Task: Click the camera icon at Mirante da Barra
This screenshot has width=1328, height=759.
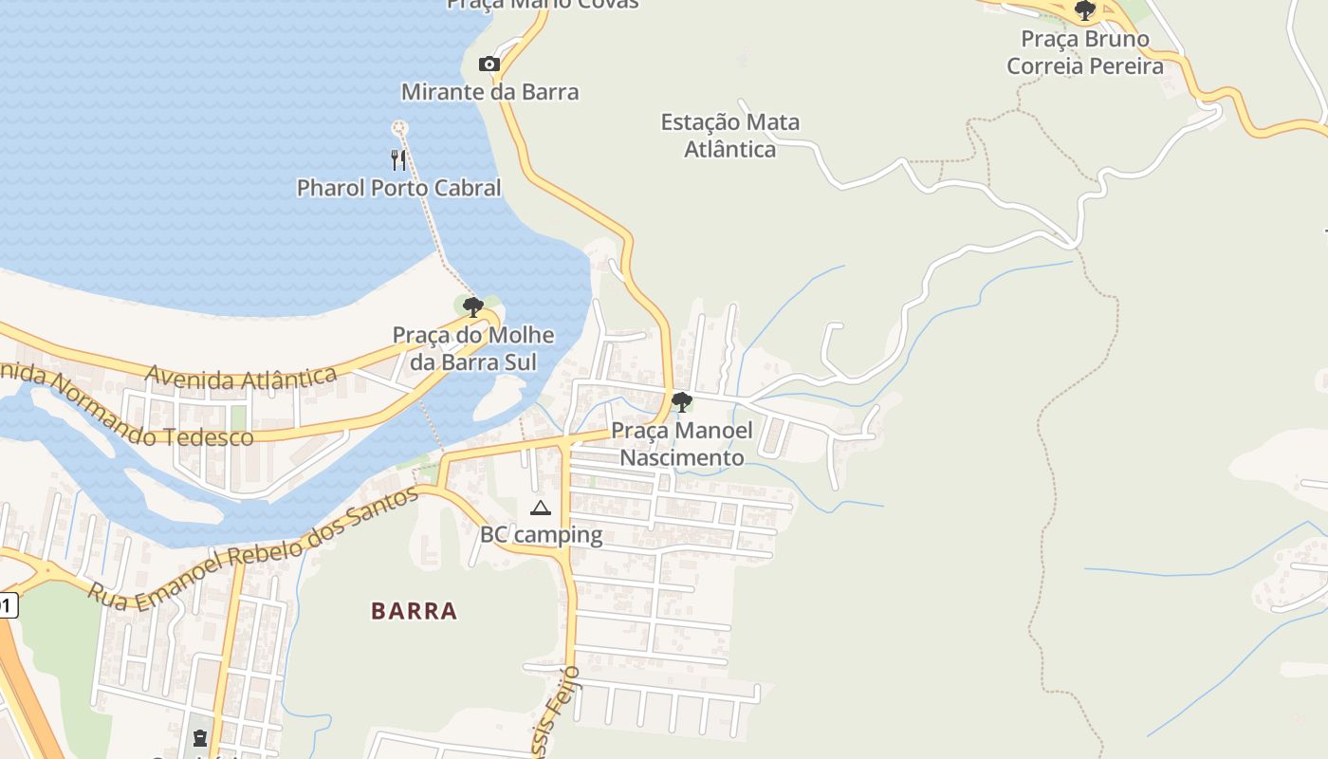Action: pyautogui.click(x=489, y=65)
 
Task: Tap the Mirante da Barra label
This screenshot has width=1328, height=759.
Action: pyautogui.click(x=489, y=92)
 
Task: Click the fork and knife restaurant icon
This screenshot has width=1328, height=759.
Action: pyautogui.click(x=398, y=159)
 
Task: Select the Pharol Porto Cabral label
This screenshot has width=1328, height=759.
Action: pyautogui.click(x=398, y=188)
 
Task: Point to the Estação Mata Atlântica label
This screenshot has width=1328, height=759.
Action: pyautogui.click(x=729, y=136)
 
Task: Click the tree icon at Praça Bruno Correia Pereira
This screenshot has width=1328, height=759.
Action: pyautogui.click(x=1084, y=11)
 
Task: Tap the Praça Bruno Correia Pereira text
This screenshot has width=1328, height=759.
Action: pyautogui.click(x=1084, y=53)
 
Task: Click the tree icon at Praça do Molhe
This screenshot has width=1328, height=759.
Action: pyautogui.click(x=472, y=306)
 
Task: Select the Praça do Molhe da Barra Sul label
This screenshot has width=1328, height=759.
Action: pyautogui.click(x=473, y=348)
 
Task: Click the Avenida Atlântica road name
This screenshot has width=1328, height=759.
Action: pyautogui.click(x=241, y=377)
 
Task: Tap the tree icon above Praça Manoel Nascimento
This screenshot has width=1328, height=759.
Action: pyautogui.click(x=681, y=402)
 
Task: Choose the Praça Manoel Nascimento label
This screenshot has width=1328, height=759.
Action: pyautogui.click(x=681, y=444)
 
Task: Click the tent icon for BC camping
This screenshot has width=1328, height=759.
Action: pyautogui.click(x=541, y=509)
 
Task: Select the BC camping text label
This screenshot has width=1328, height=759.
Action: pyautogui.click(x=541, y=535)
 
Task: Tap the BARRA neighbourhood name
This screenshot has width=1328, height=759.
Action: pyautogui.click(x=415, y=611)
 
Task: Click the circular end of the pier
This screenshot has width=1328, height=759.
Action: pyautogui.click(x=399, y=127)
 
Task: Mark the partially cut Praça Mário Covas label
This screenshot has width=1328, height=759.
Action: pyautogui.click(x=543, y=4)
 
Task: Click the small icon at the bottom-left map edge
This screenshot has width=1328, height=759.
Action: pyautogui.click(x=199, y=738)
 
